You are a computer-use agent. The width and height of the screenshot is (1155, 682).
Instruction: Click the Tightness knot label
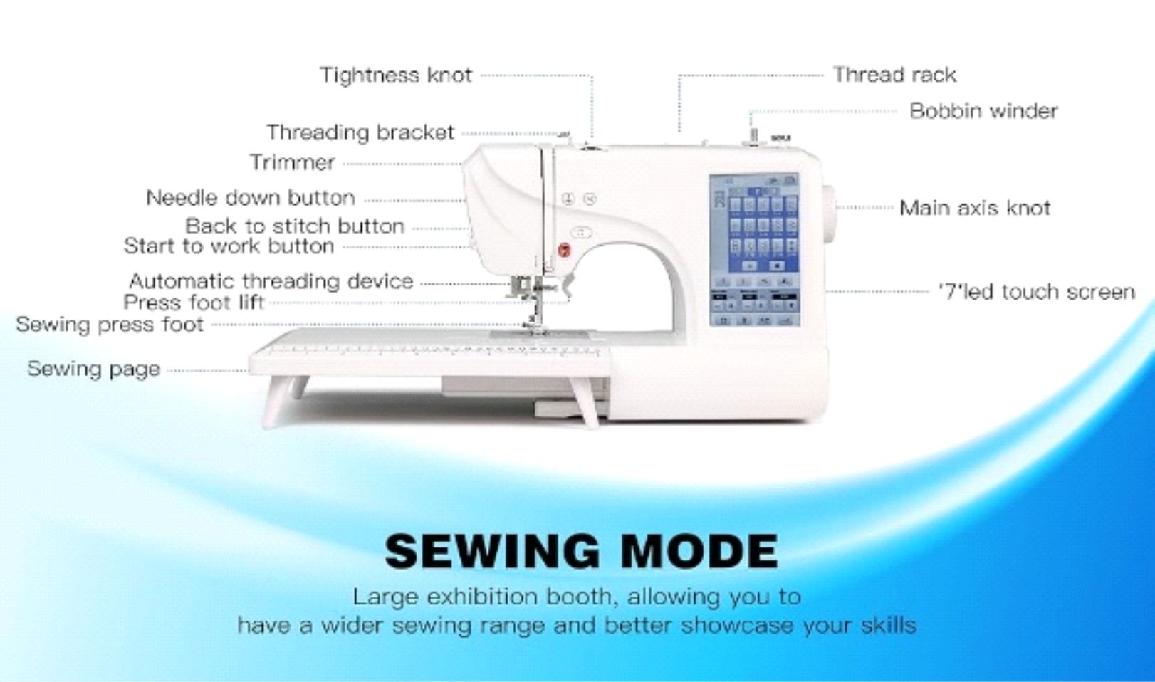pyautogui.click(x=396, y=75)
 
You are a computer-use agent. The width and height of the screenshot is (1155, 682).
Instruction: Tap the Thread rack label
pyautogui.click(x=894, y=75)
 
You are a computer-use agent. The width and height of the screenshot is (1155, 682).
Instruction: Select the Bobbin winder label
pyautogui.click(x=983, y=111)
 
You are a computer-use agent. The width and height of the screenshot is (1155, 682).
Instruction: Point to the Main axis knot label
pyautogui.click(x=975, y=208)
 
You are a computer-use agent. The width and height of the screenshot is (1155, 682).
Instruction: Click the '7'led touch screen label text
pyautogui.click(x=1036, y=292)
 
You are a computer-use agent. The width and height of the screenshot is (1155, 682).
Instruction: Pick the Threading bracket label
pyautogui.click(x=360, y=132)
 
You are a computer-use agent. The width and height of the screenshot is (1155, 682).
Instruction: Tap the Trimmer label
pyautogui.click(x=292, y=162)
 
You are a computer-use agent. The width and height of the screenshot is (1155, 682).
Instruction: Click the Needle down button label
pyautogui.click(x=251, y=198)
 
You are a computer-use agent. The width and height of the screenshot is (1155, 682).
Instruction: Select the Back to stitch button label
pyautogui.click(x=295, y=226)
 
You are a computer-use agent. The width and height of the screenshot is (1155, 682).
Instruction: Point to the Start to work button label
pyautogui.click(x=229, y=246)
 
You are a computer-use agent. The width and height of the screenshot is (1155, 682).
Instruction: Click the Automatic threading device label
pyautogui.click(x=271, y=281)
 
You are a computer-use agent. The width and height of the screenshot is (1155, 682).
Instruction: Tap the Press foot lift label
pyautogui.click(x=194, y=303)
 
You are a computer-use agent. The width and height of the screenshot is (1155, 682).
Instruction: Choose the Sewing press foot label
pyautogui.click(x=110, y=325)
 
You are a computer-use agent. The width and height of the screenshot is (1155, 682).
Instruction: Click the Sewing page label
pyautogui.click(x=93, y=369)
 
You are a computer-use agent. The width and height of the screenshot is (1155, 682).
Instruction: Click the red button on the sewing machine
pyautogui.click(x=564, y=249)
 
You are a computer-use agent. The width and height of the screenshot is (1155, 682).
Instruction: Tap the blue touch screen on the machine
pyautogui.click(x=755, y=249)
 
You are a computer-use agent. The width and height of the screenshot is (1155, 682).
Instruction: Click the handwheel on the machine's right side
pyautogui.click(x=829, y=207)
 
